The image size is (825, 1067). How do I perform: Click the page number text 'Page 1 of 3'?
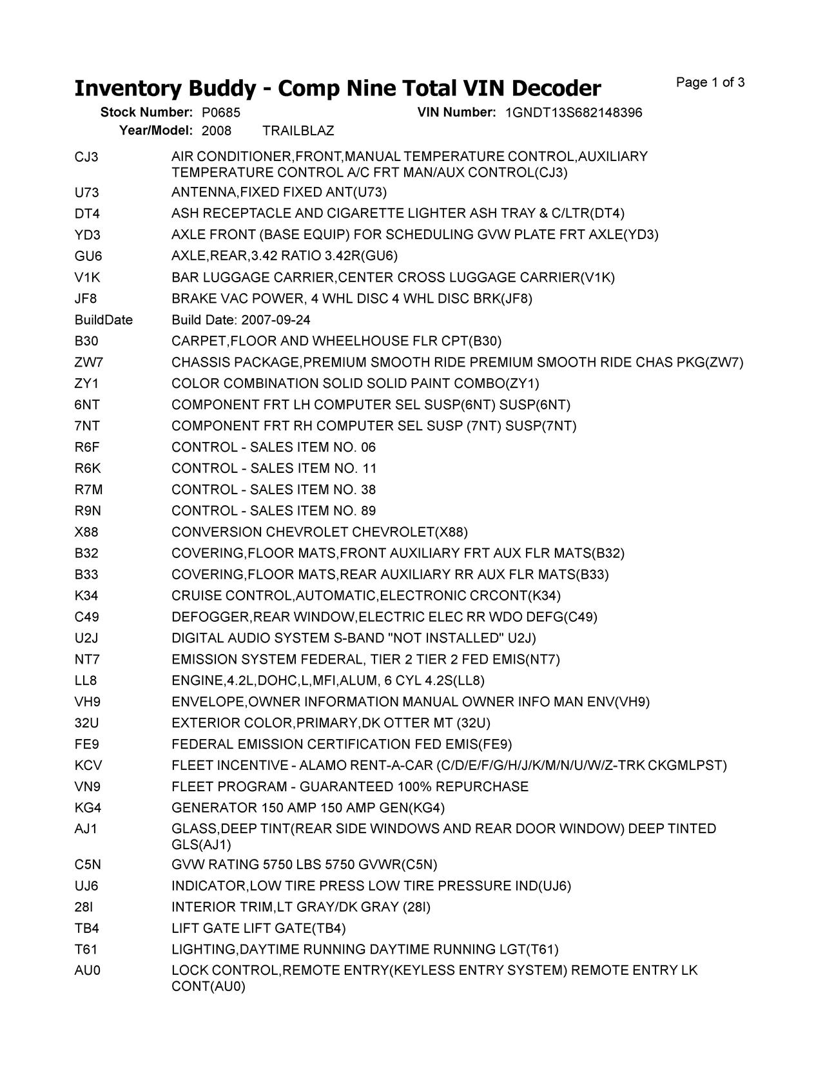click(710, 82)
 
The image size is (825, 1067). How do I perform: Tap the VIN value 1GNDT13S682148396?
click(573, 113)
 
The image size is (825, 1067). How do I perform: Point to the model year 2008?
click(216, 131)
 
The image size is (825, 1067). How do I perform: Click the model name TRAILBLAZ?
click(298, 131)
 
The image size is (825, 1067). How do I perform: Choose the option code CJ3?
click(86, 157)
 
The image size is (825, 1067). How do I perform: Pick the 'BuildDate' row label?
click(103, 320)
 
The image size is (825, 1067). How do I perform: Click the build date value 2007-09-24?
click(276, 320)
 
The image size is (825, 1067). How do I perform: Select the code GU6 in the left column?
click(88, 256)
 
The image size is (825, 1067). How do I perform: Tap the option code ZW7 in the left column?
click(88, 363)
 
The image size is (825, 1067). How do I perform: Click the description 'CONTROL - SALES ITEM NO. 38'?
click(273, 490)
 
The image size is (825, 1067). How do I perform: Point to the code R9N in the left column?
click(88, 511)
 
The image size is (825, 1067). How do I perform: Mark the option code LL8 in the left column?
click(86, 681)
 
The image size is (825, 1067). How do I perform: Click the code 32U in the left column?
click(86, 724)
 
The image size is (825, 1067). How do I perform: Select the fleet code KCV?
click(88, 766)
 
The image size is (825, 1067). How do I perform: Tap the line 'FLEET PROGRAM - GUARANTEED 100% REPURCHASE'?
click(349, 787)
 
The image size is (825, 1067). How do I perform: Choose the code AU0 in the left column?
click(88, 970)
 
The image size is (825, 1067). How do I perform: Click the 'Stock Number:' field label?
click(146, 113)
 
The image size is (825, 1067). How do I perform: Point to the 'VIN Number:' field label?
click(456, 113)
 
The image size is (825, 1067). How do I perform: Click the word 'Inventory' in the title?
click(128, 88)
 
